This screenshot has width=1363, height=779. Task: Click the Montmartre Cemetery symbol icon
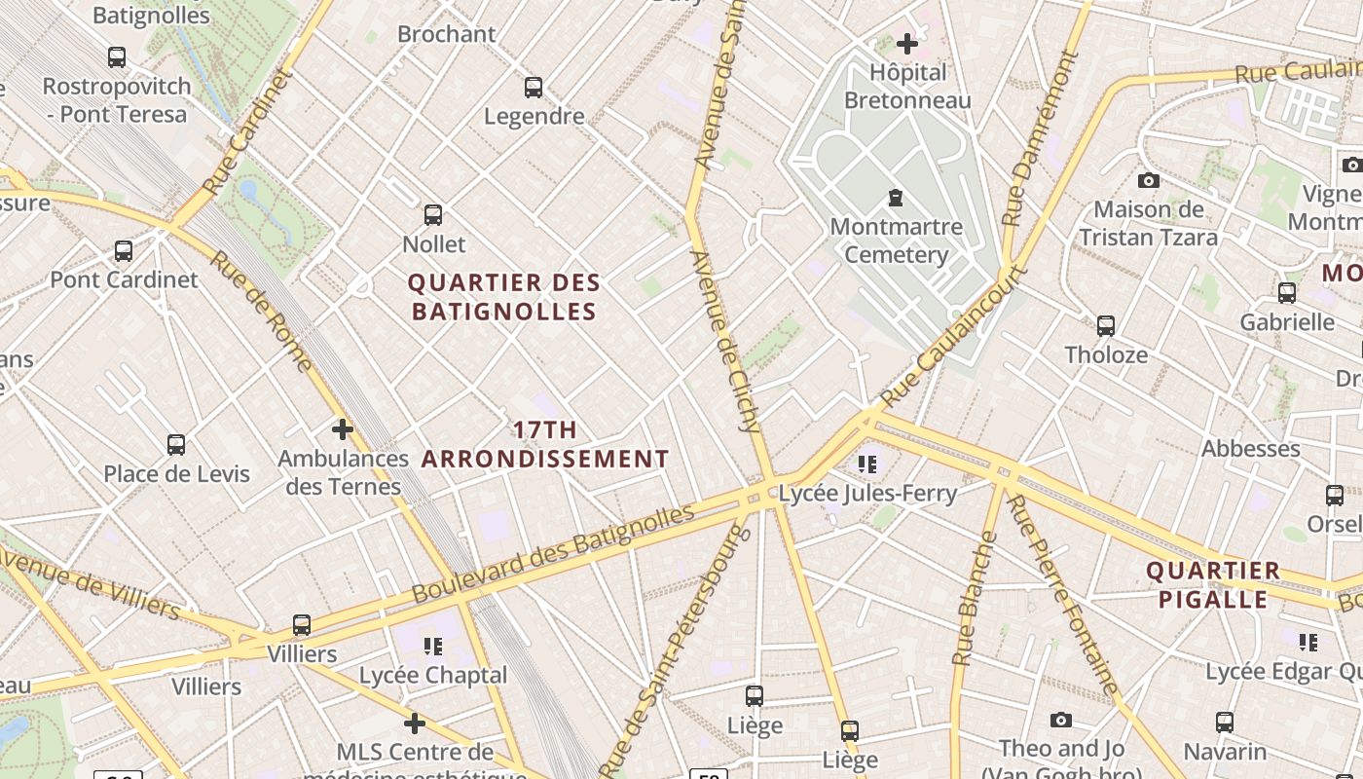coord(895,198)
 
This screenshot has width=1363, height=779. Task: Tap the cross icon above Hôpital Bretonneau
coord(907,44)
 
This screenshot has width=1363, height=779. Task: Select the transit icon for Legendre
coord(534,88)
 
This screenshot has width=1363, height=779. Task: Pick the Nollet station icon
coord(433,215)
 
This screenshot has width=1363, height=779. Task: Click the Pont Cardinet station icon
coord(124,251)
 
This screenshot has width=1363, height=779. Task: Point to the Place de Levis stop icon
coord(176,445)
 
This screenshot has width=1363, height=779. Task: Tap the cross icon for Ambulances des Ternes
coord(343,428)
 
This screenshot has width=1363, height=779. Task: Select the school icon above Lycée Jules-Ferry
coord(867,464)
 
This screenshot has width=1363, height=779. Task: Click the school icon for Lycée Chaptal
coord(433,646)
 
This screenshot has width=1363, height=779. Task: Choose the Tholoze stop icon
coord(1106,326)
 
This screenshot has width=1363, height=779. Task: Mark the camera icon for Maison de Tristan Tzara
coord(1149,180)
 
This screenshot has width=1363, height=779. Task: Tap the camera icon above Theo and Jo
coord(1061,720)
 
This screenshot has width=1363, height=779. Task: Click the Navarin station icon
coord(1225,723)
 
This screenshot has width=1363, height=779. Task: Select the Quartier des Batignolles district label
coord(503,297)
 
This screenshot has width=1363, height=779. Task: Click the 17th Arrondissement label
coord(545,444)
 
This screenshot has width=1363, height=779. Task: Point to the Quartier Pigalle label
coord(1213,584)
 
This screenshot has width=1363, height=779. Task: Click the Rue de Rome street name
coord(261,312)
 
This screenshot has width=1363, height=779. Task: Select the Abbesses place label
coord(1251,449)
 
